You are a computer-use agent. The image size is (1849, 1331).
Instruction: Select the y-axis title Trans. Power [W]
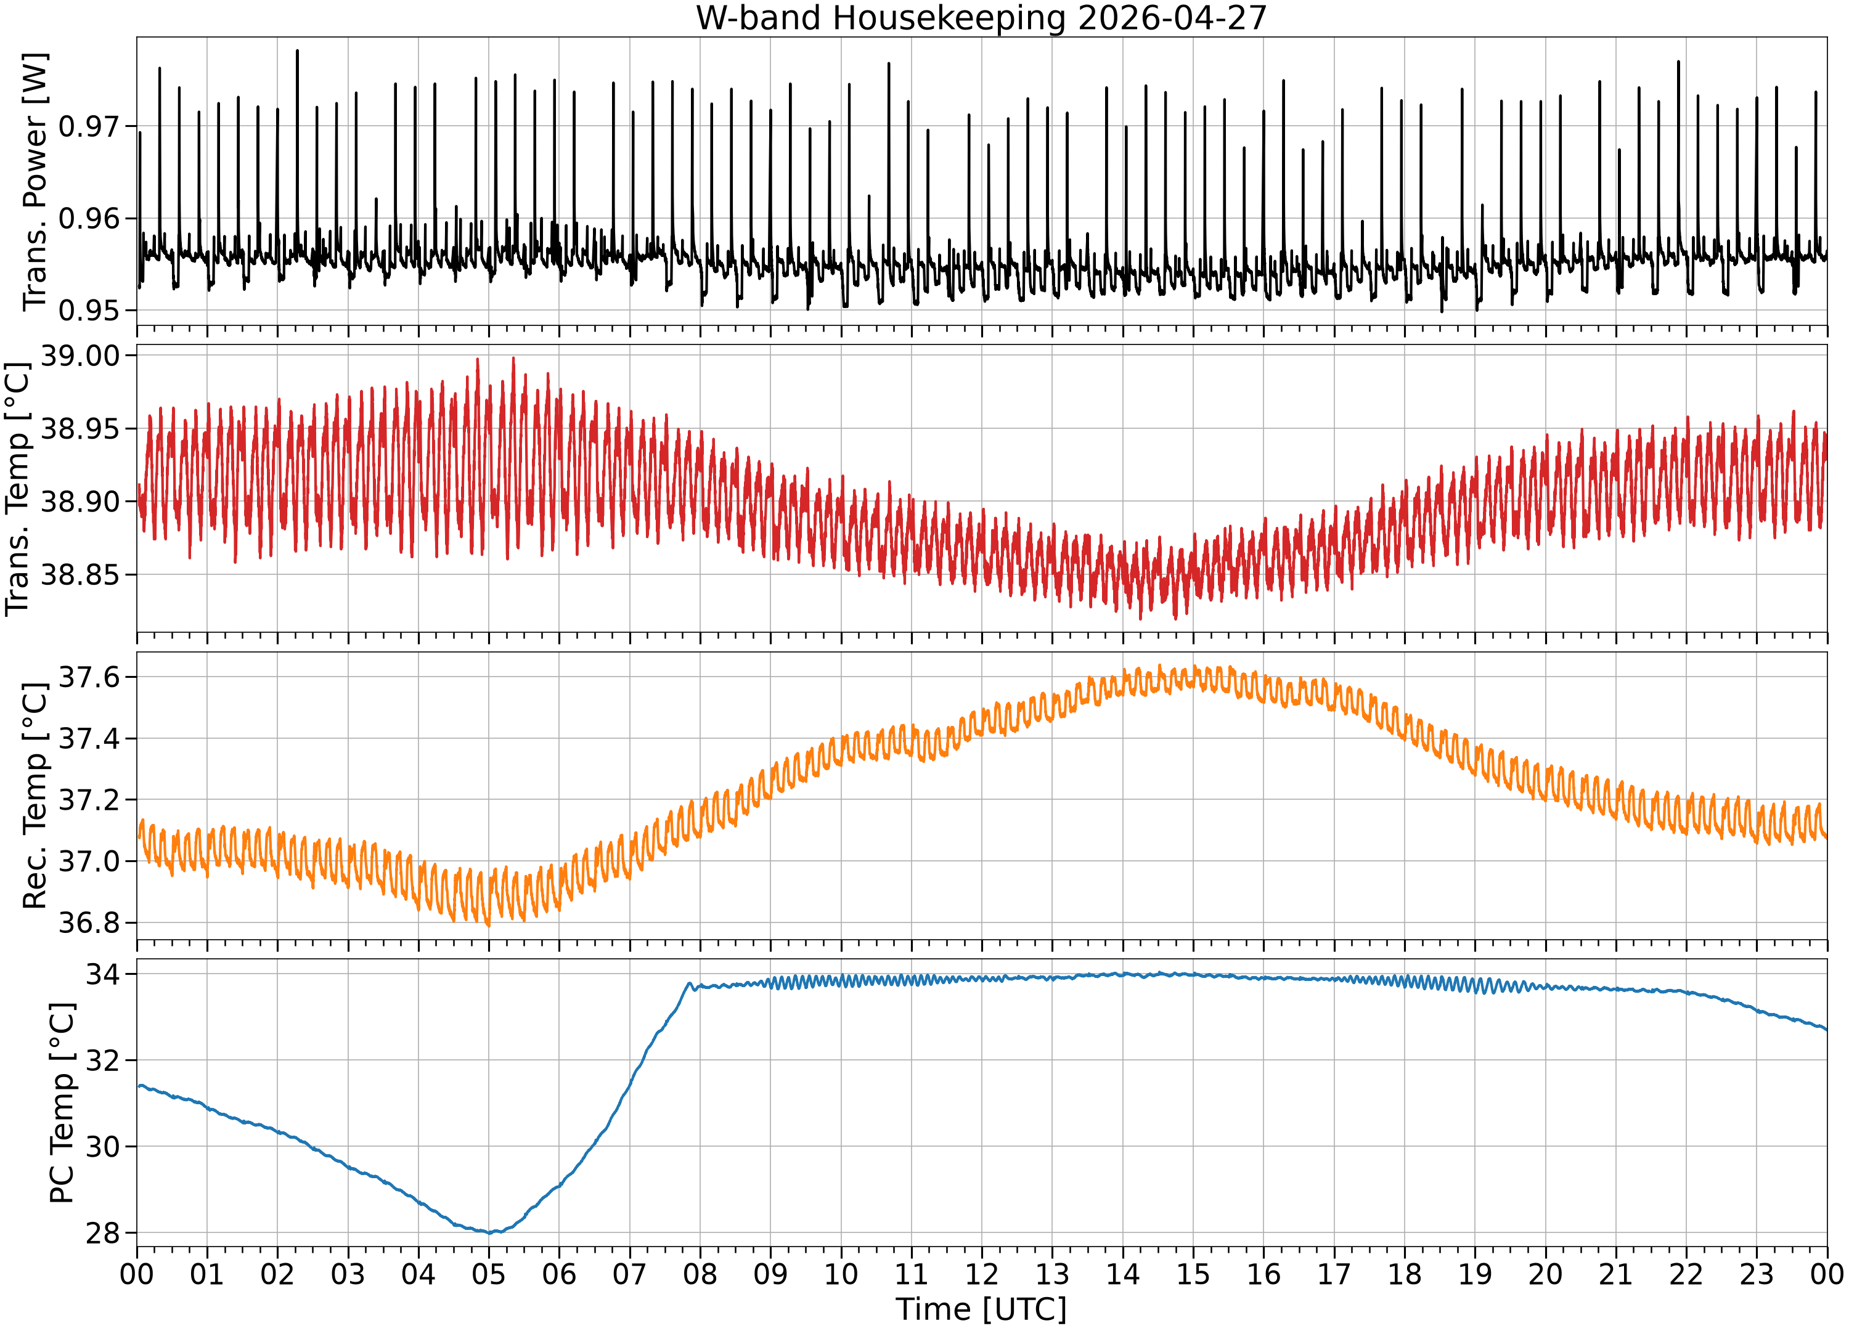35,181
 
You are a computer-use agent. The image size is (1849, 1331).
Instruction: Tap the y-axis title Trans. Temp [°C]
18,488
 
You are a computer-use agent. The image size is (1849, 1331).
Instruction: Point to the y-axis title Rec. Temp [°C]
35,796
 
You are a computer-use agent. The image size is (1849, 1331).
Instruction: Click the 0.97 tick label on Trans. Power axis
89,126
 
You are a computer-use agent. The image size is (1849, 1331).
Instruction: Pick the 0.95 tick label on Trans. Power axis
89,311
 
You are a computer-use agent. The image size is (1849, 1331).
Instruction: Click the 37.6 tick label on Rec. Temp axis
89,677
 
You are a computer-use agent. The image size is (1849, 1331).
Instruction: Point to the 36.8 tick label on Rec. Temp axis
89,922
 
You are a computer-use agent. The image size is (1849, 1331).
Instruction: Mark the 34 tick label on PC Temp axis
103,974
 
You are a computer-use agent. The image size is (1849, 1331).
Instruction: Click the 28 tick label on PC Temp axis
103,1233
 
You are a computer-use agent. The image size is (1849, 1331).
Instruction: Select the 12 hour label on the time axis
982,1274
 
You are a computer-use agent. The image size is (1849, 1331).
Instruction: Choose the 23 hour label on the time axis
1756,1274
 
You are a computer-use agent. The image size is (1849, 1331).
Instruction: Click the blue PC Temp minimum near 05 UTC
490,1232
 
